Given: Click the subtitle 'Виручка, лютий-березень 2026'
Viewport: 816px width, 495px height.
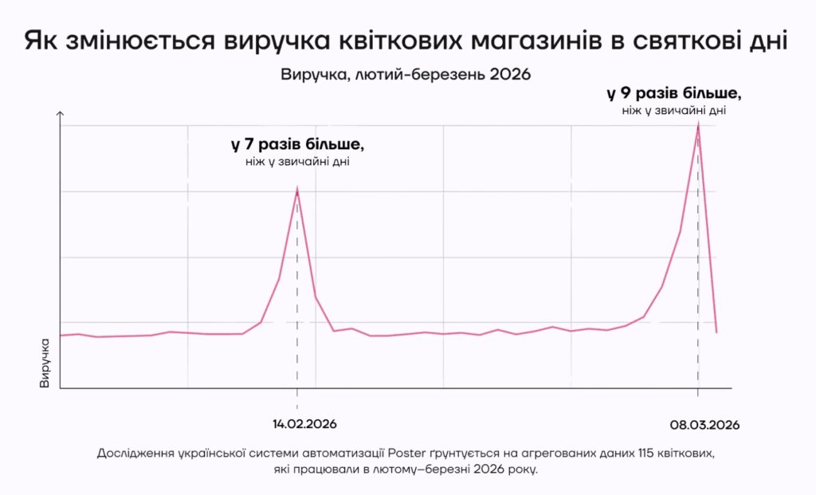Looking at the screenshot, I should point(406,74).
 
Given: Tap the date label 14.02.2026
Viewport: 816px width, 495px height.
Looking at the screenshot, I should point(299,423).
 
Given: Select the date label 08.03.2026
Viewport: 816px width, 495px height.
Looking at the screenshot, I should point(700,425).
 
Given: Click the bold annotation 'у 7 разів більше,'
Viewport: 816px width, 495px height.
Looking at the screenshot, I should point(298,146).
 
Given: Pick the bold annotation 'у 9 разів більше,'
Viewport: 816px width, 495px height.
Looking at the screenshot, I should point(674,93).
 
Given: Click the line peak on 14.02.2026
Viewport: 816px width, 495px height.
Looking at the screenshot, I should point(297,190).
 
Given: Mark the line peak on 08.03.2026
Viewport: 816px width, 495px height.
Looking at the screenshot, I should point(698,125).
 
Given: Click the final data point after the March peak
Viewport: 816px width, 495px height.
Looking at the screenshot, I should point(716,332).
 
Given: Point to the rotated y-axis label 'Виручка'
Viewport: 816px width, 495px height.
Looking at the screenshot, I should point(45,363).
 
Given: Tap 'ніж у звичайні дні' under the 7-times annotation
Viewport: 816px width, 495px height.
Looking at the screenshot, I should point(298,163).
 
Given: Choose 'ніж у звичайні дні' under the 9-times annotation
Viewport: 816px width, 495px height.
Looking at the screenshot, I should point(674,110).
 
